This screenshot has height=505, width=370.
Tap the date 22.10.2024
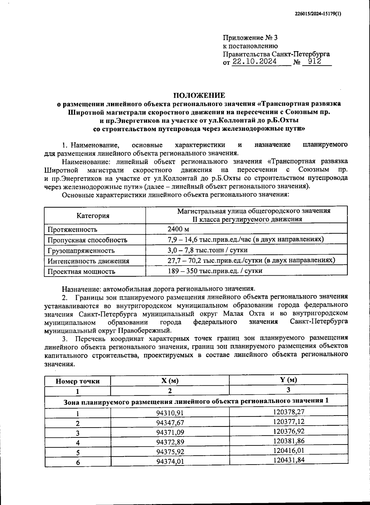pos(255,62)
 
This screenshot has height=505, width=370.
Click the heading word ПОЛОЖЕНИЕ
pos(199,95)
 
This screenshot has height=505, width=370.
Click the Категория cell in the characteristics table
pos(93,216)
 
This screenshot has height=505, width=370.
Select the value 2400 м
pos(178,229)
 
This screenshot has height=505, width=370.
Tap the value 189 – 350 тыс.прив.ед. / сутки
pos(215,271)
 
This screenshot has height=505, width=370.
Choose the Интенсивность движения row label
pos(88,261)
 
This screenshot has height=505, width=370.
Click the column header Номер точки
pos(77,381)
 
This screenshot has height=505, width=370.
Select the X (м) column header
pos(170,381)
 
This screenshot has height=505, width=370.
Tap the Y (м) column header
pos(288,380)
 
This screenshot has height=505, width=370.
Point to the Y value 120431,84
pos(289,460)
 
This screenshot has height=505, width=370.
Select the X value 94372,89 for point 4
pos(170,442)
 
